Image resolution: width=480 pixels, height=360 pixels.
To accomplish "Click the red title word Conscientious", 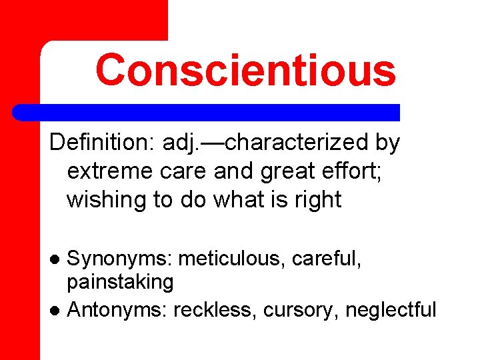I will [245, 71].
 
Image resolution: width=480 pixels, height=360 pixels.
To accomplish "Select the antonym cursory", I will [301, 309].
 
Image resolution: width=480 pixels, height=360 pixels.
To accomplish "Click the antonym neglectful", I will [391, 309].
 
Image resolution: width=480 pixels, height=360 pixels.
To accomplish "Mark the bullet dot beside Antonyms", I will [57, 310].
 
